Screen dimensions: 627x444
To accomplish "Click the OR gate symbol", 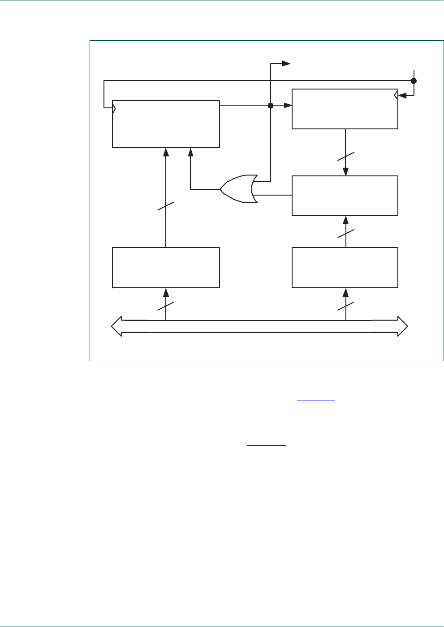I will pyautogui.click(x=239, y=189).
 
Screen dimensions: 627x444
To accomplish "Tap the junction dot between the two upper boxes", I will pyautogui.click(x=271, y=106).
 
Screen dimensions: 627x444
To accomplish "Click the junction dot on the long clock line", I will pyautogui.click(x=414, y=81).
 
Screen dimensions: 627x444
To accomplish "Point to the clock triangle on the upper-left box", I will pyautogui.click(x=115, y=108).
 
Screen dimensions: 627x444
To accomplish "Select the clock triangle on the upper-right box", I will pyautogui.click(x=396, y=95).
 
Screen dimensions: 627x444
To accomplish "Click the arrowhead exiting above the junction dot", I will pyautogui.click(x=287, y=64).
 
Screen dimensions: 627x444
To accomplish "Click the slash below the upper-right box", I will pyautogui.click(x=345, y=157).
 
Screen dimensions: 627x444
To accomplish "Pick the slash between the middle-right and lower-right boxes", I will pyautogui.click(x=345, y=233).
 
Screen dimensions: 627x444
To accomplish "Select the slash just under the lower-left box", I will pyautogui.click(x=166, y=306).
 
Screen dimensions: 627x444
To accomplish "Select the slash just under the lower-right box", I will pyautogui.click(x=345, y=306).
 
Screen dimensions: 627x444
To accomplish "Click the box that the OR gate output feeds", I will pyautogui.click(x=166, y=124).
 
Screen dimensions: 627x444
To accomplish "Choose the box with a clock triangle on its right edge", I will pyautogui.click(x=345, y=109).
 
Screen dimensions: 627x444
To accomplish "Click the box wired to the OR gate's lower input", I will pyautogui.click(x=345, y=196).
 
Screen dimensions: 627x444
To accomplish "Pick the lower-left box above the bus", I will pyautogui.click(x=166, y=267).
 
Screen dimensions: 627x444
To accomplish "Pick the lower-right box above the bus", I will pyautogui.click(x=345, y=267).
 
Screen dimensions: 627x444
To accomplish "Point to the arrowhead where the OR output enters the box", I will pyautogui.click(x=191, y=152).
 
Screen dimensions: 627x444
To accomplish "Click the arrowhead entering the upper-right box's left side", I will pyautogui.click(x=288, y=106).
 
